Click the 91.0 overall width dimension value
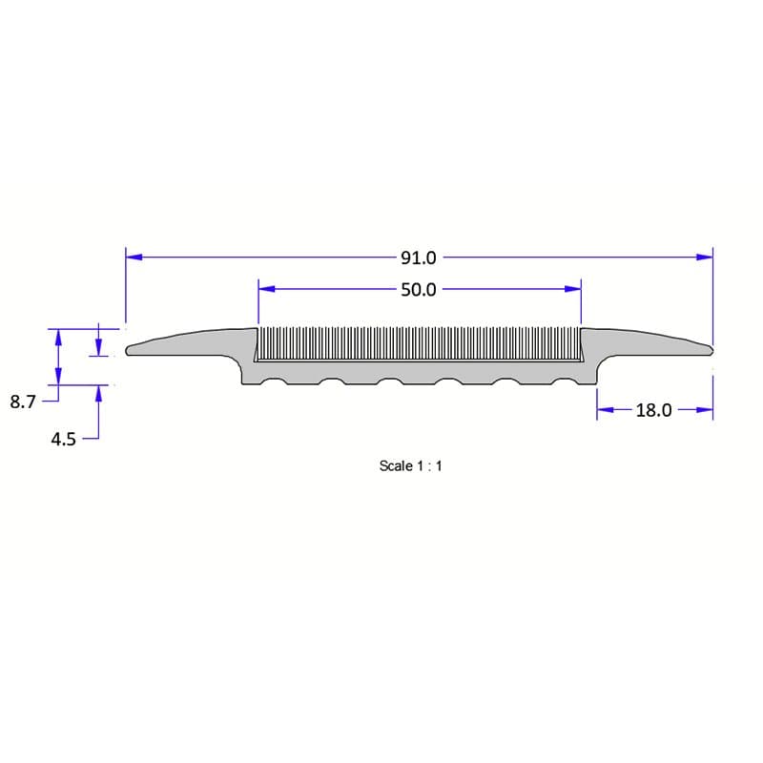[x=418, y=258]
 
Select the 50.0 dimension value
[x=418, y=289]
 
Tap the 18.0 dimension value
[x=654, y=411]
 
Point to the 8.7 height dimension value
[x=22, y=402]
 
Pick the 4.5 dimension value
[x=63, y=440]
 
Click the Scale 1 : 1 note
[x=411, y=466]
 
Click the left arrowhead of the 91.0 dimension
[x=134, y=257]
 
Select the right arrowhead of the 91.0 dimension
[x=705, y=257]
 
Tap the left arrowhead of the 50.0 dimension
[x=266, y=288]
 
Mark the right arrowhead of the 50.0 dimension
[x=573, y=288]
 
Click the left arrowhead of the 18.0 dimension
[x=605, y=411]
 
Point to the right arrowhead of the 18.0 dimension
[x=705, y=411]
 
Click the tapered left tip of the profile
[x=131, y=349]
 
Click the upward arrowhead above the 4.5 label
[x=97, y=393]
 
